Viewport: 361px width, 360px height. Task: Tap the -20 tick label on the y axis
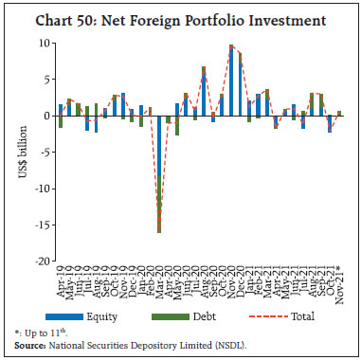43,261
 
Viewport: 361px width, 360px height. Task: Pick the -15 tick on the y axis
43,225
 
